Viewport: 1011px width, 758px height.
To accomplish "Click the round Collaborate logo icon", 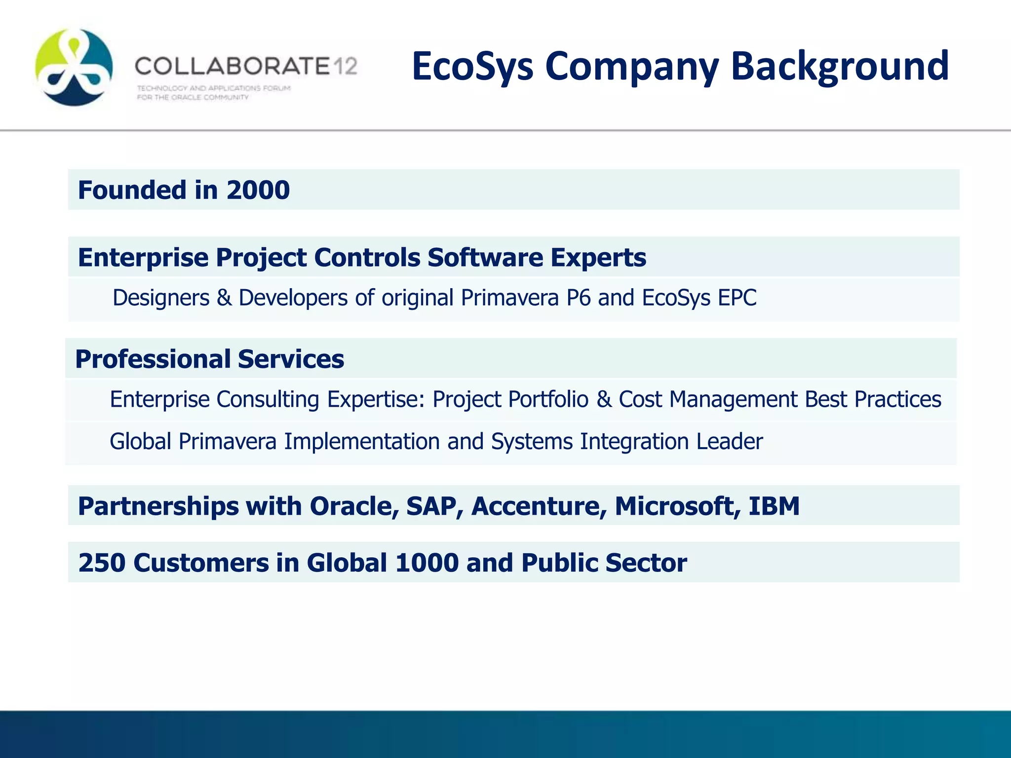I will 74,67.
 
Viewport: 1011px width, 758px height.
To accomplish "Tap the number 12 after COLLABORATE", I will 344,66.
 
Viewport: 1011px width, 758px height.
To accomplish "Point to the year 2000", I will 258,190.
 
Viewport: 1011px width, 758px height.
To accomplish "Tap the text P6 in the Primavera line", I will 578,298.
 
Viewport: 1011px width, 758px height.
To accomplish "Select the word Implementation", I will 361,441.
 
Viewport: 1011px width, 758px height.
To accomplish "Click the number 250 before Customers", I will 102,563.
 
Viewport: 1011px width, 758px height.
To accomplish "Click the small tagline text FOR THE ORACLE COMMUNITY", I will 193,98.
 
